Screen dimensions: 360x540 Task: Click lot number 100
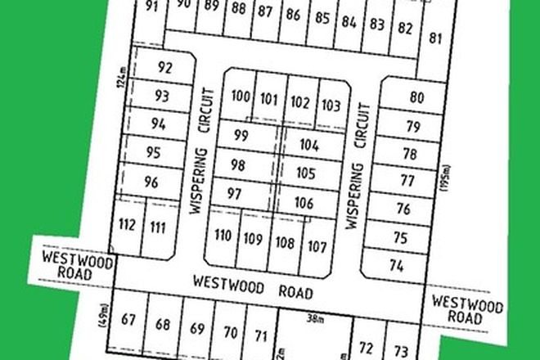pos(241,97)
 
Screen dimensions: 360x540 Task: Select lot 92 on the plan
pos(165,68)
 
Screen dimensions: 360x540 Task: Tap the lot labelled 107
pos(317,245)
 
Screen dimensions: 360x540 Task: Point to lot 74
pos(397,265)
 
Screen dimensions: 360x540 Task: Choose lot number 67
pos(128,319)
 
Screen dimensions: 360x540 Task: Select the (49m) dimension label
pos(106,314)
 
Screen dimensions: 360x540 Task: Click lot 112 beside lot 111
pos(127,226)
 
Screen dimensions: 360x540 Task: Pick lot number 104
pos(308,145)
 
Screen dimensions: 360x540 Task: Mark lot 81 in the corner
pos(435,37)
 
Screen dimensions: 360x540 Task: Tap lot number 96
pos(151,182)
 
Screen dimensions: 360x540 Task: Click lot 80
pos(417,97)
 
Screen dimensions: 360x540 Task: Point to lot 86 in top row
pos(292,15)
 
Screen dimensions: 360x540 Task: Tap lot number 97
pos(235,194)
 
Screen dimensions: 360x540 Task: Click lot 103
pos(331,105)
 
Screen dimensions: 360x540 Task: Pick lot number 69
pos(197,329)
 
